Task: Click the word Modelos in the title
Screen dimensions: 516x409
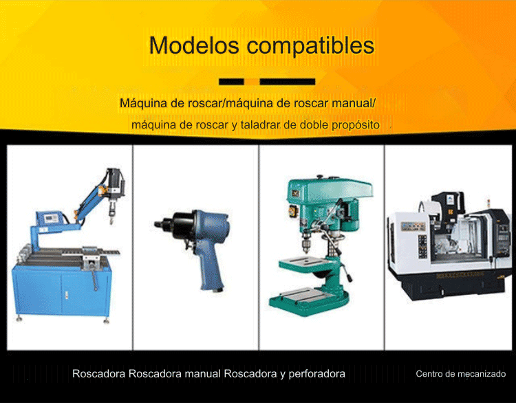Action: click(x=194, y=45)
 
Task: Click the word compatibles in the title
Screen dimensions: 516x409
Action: click(x=310, y=46)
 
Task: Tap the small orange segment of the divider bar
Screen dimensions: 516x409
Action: click(x=252, y=82)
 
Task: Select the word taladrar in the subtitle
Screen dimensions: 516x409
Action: click(x=261, y=125)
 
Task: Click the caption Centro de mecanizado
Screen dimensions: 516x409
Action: click(x=461, y=374)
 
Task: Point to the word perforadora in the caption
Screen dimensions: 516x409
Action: click(x=317, y=374)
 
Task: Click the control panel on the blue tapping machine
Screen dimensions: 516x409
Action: click(x=50, y=218)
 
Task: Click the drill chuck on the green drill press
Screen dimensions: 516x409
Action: click(x=307, y=243)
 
